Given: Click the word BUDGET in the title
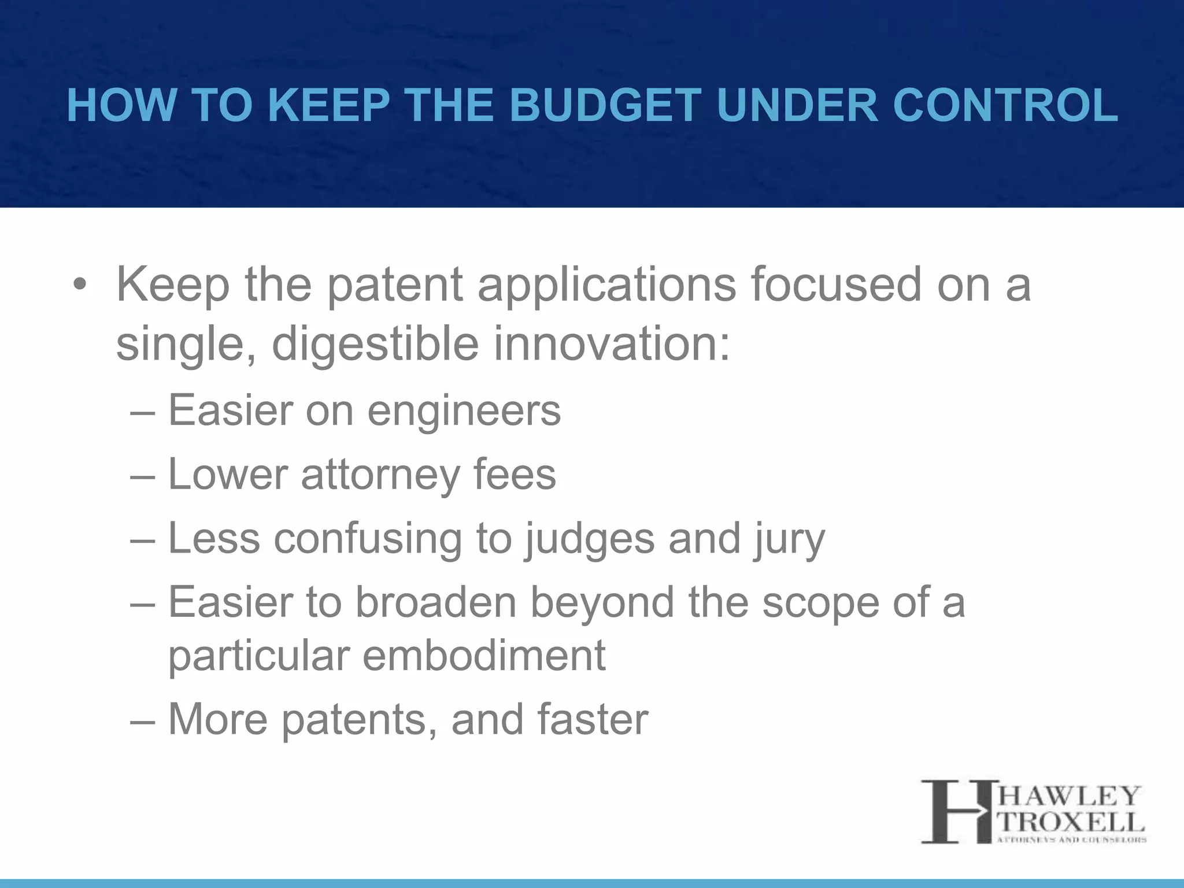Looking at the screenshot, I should (605, 106).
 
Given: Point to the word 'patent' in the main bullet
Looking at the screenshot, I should (395, 286).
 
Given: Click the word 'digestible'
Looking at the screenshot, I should (375, 345).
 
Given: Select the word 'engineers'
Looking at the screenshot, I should (464, 411).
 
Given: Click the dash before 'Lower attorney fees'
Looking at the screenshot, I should (143, 475).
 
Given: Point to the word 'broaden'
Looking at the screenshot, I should (435, 603).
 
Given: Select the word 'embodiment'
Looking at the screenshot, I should (483, 656).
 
